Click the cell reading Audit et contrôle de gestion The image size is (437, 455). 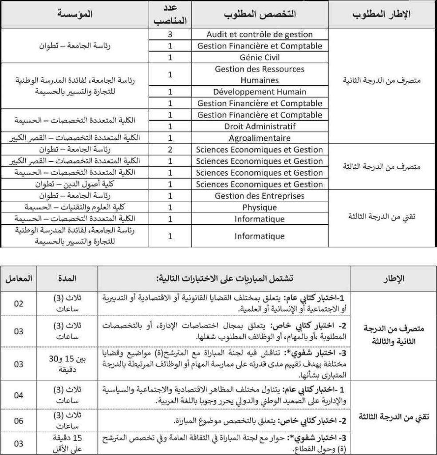coord(260,34)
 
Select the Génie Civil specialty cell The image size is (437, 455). coord(260,57)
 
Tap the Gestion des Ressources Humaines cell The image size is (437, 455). coord(260,75)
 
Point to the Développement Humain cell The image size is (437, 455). coord(260,92)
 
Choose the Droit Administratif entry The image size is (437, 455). coord(260,127)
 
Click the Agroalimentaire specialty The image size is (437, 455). coord(260,138)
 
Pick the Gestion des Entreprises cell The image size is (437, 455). coord(260,196)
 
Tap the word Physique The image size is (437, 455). coord(260,208)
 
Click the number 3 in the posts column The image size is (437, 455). coord(170,34)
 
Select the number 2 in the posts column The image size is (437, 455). coord(170,150)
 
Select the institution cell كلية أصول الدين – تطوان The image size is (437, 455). coord(75,184)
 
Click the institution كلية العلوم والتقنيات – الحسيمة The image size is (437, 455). coord(75,208)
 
